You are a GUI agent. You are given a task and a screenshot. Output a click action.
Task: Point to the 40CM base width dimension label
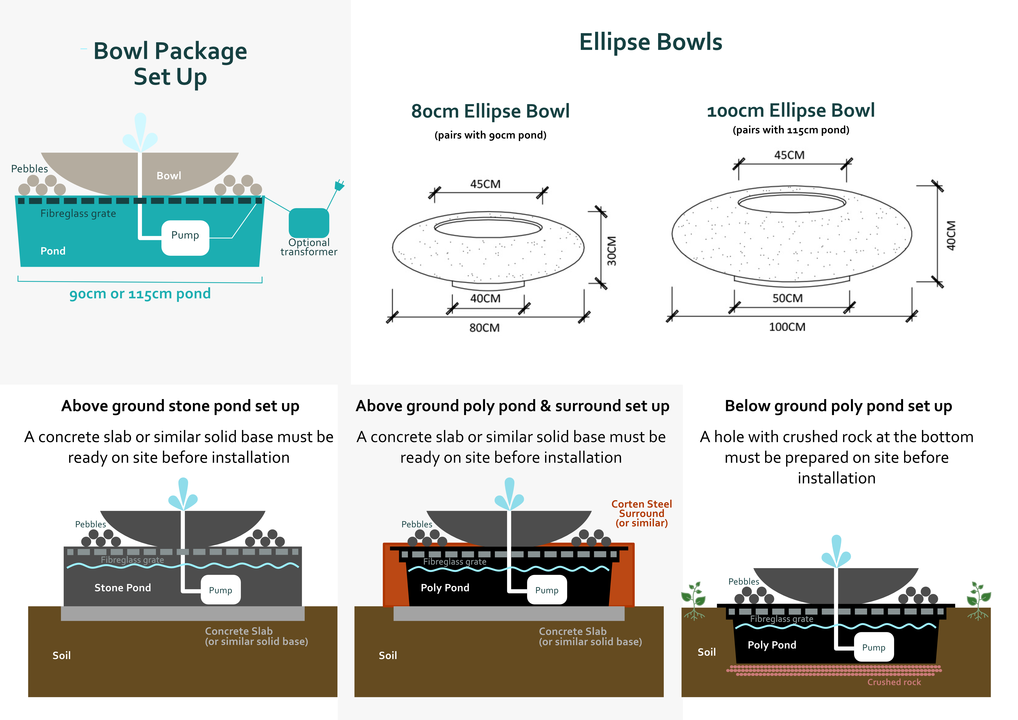coord(485,299)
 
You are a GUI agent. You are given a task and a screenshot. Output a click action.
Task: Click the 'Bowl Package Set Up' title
coord(170,63)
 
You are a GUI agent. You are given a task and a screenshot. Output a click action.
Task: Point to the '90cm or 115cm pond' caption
coord(140,294)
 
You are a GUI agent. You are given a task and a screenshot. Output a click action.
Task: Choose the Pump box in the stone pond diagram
coord(220,590)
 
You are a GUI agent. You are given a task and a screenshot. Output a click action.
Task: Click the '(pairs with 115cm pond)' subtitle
coord(790,130)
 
